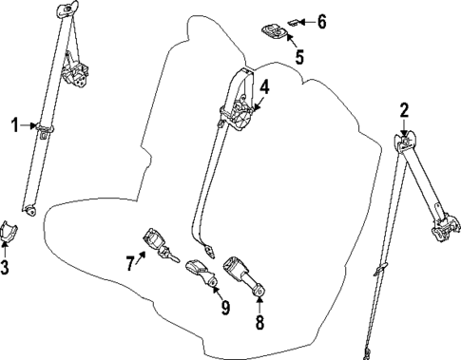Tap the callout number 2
pos(404,110)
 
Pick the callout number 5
pos(298,57)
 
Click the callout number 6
pos(321,20)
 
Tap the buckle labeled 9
pos(202,273)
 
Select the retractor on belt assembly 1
pos(73,71)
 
